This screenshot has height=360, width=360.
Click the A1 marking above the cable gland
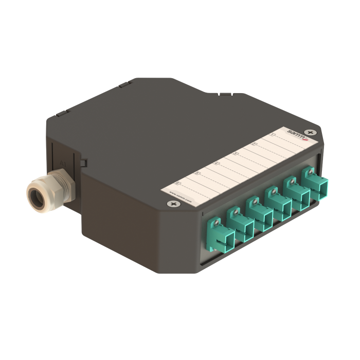(63, 164)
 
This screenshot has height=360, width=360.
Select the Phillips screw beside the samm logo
(310, 132)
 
